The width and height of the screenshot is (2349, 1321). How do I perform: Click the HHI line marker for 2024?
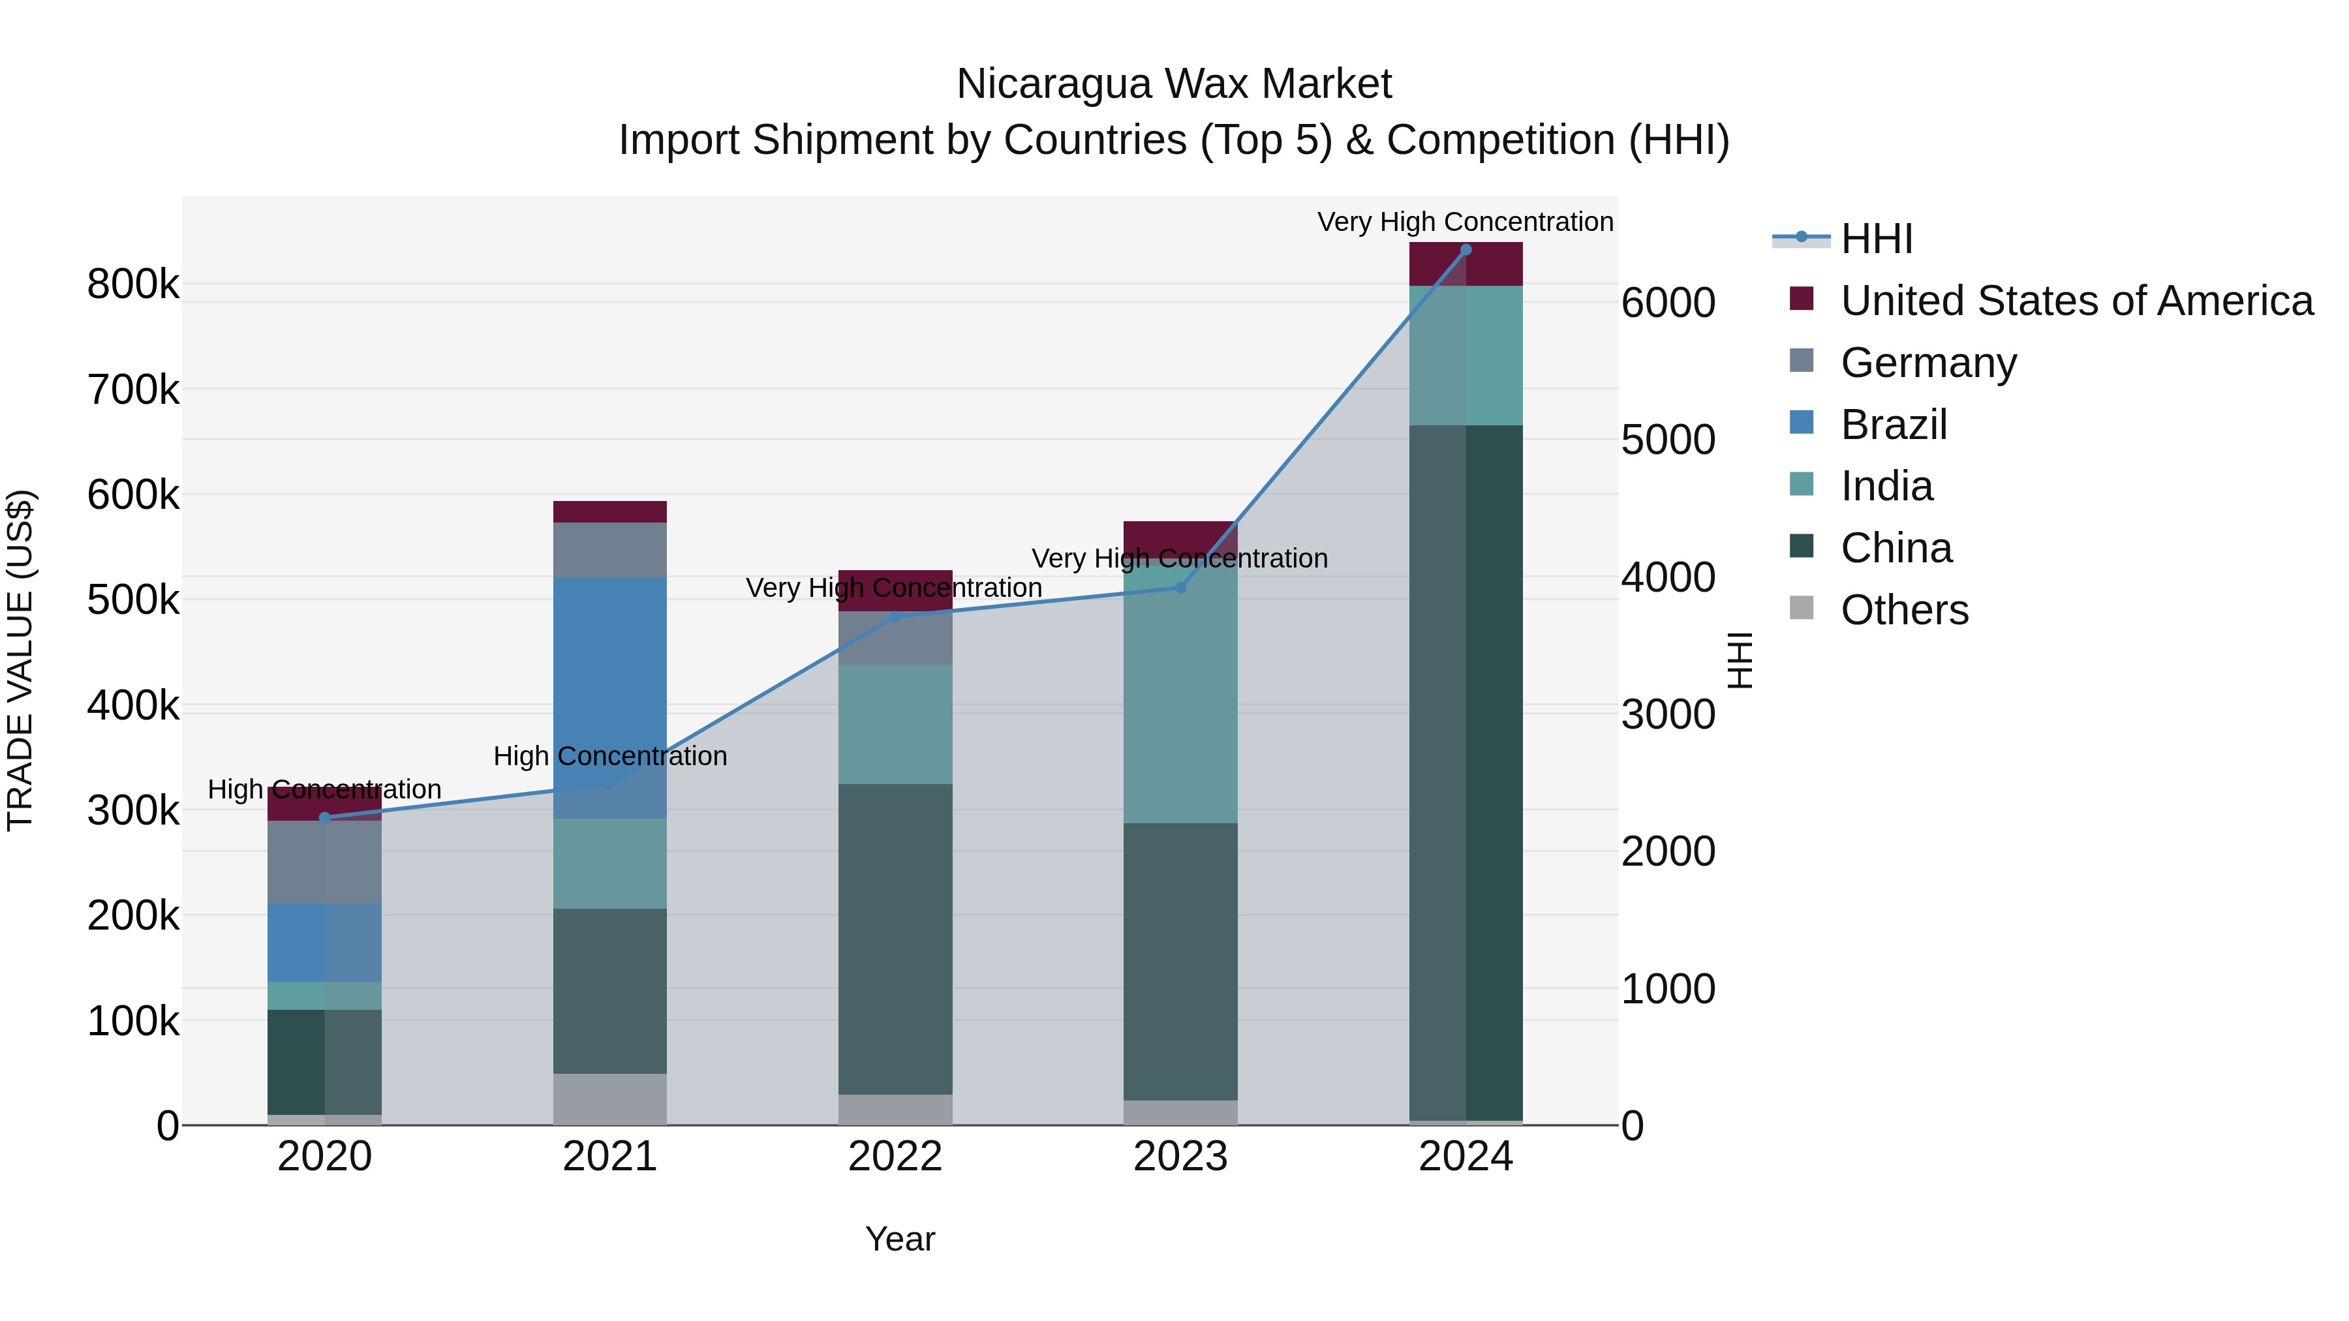coord(1466,250)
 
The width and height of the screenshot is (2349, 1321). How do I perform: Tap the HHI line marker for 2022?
coord(895,617)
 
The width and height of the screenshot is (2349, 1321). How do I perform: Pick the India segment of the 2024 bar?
coord(1466,356)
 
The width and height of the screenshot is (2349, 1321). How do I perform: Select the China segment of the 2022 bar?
coord(895,939)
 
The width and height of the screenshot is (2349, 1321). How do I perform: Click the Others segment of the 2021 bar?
coord(609,1099)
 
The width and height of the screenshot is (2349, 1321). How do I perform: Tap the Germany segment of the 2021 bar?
coord(609,550)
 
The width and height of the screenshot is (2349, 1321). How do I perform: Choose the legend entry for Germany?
coord(1927,363)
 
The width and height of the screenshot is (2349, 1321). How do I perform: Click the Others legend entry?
coord(1904,610)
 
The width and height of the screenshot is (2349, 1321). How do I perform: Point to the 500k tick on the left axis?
coord(133,600)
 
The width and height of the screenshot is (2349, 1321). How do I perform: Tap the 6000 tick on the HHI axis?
coord(1668,303)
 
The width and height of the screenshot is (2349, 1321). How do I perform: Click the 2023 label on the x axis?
coord(1180,1157)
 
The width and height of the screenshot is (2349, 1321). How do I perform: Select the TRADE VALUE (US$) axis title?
coord(20,660)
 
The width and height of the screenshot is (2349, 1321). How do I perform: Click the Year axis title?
coord(899,1239)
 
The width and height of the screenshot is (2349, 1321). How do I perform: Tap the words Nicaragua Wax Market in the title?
coord(1174,84)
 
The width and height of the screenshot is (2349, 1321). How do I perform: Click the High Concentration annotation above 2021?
coord(609,756)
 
